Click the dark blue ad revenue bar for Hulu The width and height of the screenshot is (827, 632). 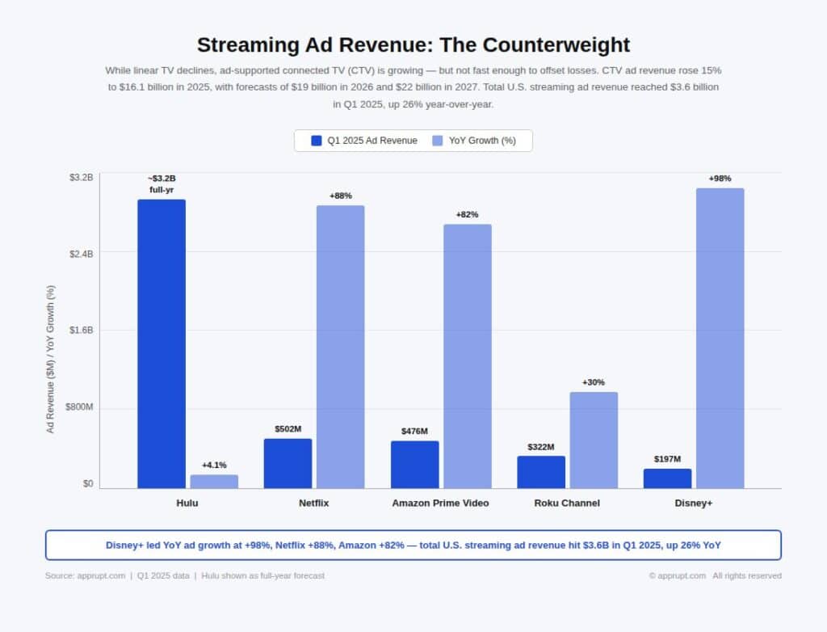click(x=162, y=343)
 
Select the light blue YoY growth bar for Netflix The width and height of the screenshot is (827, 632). click(x=340, y=347)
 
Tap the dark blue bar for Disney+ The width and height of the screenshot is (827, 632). click(x=667, y=478)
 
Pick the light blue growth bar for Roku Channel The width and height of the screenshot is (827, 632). click(x=594, y=440)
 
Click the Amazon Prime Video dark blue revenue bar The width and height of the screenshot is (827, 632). click(x=414, y=464)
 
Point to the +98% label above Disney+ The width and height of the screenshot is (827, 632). click(x=720, y=179)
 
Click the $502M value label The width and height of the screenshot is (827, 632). click(x=288, y=428)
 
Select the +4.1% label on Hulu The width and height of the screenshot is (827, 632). click(x=214, y=465)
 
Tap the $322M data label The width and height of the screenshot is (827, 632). click(x=541, y=446)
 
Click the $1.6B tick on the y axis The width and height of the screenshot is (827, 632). click(x=80, y=330)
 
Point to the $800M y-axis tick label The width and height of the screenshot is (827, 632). click(x=79, y=407)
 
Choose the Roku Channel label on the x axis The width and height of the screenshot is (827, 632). click(x=567, y=503)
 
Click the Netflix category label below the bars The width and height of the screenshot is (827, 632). click(x=313, y=503)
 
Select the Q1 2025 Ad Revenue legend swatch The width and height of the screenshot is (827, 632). click(x=317, y=141)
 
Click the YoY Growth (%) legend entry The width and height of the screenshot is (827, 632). click(x=481, y=141)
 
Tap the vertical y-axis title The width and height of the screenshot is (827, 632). click(x=50, y=359)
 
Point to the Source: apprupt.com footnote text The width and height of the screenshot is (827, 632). click(x=85, y=575)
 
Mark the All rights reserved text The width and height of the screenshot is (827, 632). click(x=747, y=575)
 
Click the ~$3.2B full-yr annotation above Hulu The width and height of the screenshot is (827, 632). click(x=162, y=183)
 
